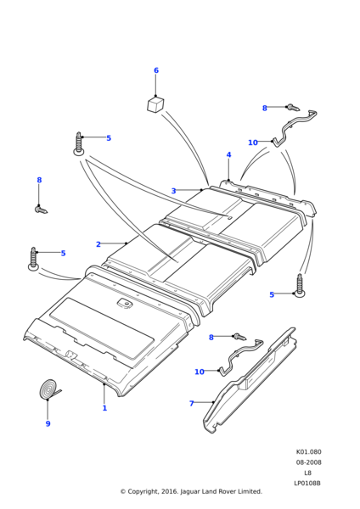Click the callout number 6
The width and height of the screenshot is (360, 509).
coord(156,70)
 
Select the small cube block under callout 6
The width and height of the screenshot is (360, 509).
coord(155,104)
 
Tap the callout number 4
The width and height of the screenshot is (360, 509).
coord(228,155)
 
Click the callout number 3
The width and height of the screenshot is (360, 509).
coord(173,191)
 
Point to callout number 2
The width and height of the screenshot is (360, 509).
coord(98,244)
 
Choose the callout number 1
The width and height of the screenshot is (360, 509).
coord(104,408)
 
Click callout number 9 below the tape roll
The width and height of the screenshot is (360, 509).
coord(48,423)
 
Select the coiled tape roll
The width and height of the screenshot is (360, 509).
coord(48,388)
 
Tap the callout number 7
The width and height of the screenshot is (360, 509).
coord(191,404)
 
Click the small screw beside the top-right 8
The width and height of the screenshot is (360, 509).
coord(292,108)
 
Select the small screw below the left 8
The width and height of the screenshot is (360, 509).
coord(41,210)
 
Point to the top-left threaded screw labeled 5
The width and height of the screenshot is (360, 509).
coord(79,144)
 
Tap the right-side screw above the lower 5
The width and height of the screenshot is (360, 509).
coord(300,286)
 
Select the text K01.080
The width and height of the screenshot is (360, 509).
coord(309,452)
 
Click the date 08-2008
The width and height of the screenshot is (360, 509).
coord(309,462)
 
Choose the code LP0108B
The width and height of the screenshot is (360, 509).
coord(307,484)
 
